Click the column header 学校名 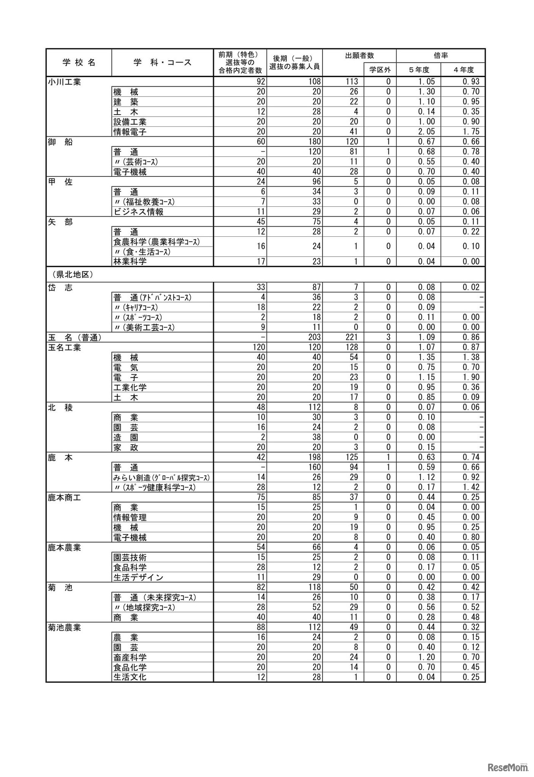[79, 63]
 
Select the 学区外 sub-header [380, 70]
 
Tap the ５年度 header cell [418, 70]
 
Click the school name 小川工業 [64, 82]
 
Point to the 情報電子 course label [130, 132]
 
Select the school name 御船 [60, 142]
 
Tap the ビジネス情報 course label [139, 212]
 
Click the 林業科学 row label [130, 262]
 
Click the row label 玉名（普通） [75, 337]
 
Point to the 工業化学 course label [130, 387]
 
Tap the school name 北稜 [60, 407]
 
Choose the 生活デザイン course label [138, 577]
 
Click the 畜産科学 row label [130, 657]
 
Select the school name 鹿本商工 [64, 497]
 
